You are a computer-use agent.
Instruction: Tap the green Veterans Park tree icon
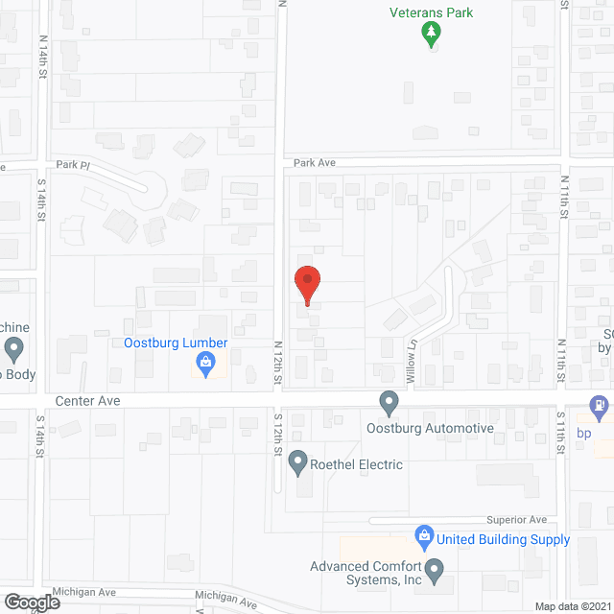(432, 35)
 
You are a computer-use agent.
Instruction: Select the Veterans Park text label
(432, 12)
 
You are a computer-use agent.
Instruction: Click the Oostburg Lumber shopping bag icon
(204, 363)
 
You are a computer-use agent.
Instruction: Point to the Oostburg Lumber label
(176, 342)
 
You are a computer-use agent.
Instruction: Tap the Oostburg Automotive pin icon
(389, 401)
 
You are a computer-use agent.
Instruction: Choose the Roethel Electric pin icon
(297, 464)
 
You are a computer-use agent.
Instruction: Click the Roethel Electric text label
(358, 464)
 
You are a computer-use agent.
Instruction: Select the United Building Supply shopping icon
(423, 534)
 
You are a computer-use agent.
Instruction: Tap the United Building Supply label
(504, 539)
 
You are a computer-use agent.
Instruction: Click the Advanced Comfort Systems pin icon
(435, 573)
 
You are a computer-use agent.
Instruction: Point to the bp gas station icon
(600, 407)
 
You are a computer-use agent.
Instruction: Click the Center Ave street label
(88, 400)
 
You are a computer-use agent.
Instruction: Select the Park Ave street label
(315, 163)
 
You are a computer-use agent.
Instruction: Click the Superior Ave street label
(515, 519)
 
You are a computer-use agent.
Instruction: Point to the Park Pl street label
(72, 165)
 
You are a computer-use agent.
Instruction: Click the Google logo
(31, 602)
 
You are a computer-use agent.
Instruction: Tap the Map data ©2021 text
(571, 606)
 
